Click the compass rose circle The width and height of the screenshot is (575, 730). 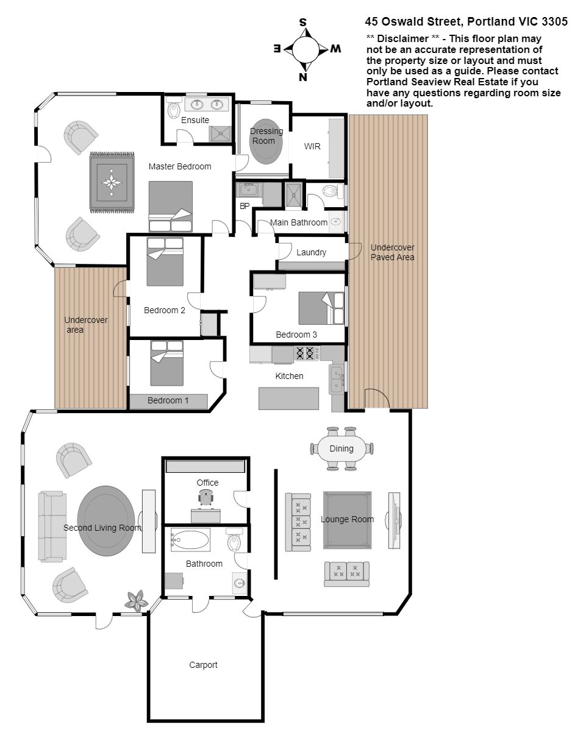tap(305, 48)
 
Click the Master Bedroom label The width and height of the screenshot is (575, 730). tap(180, 166)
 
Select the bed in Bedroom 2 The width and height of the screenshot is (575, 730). tap(165, 261)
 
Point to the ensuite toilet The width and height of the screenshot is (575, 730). tap(174, 109)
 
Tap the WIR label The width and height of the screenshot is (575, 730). tap(312, 146)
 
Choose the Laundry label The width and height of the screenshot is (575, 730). tap(311, 252)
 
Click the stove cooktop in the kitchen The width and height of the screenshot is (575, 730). tap(305, 353)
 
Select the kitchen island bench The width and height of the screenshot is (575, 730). tap(289, 399)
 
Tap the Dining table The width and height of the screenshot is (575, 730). tap(341, 448)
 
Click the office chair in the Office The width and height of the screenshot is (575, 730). tap(205, 498)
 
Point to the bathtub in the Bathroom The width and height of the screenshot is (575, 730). tap(190, 540)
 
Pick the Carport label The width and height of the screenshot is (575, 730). tap(203, 665)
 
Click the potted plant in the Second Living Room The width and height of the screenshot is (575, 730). tap(137, 600)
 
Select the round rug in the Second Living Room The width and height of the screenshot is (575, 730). tap(105, 521)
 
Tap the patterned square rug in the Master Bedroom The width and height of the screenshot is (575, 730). tap(112, 183)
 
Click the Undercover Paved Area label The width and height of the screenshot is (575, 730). tap(392, 252)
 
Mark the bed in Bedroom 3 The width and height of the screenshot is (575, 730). tap(321, 308)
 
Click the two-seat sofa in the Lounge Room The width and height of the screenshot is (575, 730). tap(347, 574)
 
